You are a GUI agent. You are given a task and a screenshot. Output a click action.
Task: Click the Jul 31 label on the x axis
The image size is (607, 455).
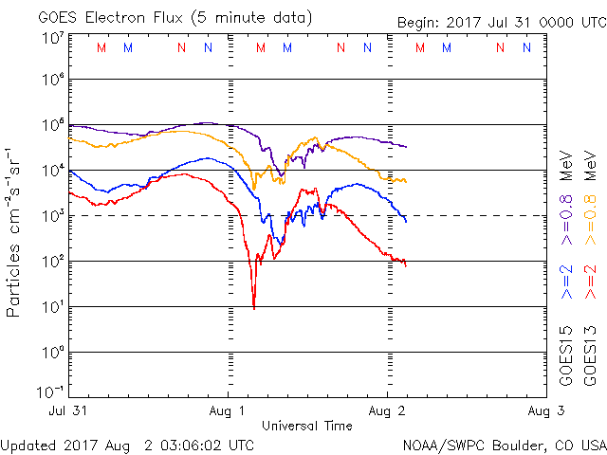pos(69,409)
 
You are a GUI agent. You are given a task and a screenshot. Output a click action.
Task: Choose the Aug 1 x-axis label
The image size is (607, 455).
pos(228,409)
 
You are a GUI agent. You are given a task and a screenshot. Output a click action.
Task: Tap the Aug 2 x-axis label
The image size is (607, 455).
pos(387,409)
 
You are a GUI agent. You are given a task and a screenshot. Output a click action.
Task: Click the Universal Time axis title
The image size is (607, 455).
pos(307,426)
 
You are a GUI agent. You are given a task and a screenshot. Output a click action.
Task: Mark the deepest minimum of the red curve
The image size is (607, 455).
pos(254,306)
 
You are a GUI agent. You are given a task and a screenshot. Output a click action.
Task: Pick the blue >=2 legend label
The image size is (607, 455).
pos(566,282)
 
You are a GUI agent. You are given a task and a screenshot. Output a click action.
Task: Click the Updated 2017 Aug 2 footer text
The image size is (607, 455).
pos(127,445)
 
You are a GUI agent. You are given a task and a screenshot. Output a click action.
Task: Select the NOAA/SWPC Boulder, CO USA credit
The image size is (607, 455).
pos(504,445)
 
